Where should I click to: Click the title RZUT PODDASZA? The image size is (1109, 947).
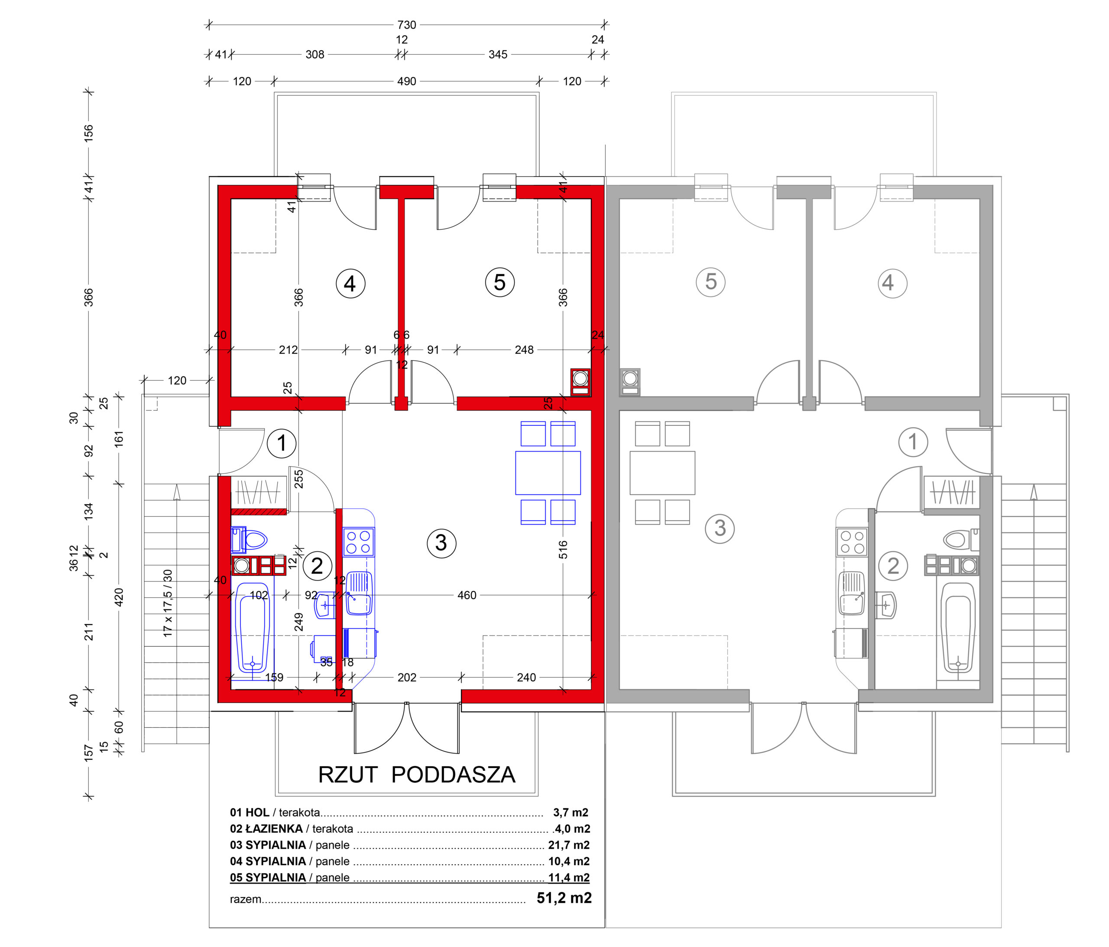pos(416,775)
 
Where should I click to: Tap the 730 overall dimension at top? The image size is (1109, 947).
pos(407,25)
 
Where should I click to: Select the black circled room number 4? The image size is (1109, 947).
pos(350,283)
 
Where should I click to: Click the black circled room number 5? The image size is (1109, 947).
pos(500,282)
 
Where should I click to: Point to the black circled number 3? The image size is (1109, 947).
pos(441,543)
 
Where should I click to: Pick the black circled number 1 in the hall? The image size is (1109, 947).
pos(282,443)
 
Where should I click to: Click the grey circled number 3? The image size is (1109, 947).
pos(720,529)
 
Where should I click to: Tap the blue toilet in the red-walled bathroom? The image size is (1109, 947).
pos(250,540)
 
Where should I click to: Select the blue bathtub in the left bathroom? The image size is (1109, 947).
pos(252,627)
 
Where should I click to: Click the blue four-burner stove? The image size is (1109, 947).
pos(359,542)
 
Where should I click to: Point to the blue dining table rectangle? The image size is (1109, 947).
pos(548,473)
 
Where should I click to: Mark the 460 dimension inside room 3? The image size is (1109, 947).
pos(467,595)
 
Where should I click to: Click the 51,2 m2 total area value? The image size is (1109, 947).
pos(564,898)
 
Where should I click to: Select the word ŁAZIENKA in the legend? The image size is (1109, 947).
pos(274,828)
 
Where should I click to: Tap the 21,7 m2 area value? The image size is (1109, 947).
pos(569,845)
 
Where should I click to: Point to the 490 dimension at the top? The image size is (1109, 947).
pos(407,81)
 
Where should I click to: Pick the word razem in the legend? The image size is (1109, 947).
pos(246,899)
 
